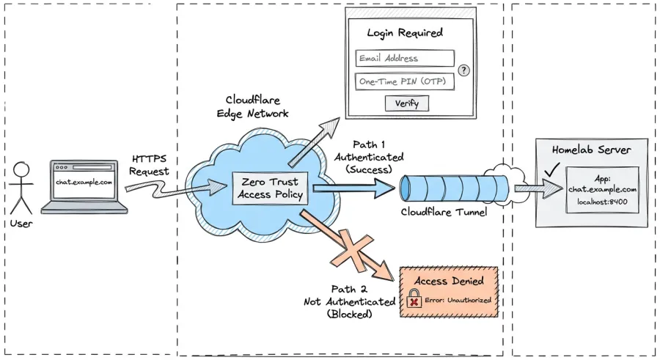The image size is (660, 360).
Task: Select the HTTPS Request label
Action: tap(150, 165)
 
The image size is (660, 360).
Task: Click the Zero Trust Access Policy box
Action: tap(268, 188)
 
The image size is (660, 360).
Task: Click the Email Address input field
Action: tap(405, 59)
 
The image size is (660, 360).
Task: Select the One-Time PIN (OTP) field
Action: tap(405, 81)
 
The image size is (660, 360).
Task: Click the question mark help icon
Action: tap(463, 70)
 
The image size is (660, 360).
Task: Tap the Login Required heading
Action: tap(405, 33)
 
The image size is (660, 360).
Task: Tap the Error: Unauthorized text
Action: tap(458, 300)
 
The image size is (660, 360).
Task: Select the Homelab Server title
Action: tap(591, 150)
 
